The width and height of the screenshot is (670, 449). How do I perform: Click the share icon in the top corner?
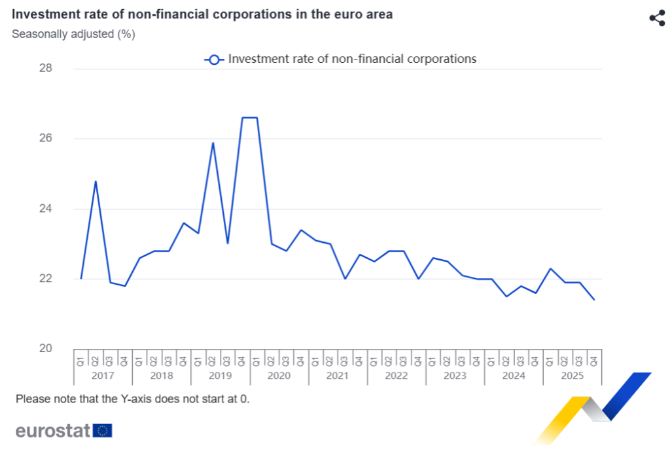(656, 18)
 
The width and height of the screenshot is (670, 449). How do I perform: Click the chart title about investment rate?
(202, 14)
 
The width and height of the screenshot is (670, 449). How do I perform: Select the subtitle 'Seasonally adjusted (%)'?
(73, 34)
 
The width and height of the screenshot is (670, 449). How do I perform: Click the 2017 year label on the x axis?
(103, 376)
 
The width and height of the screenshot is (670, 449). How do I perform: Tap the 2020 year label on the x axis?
(279, 376)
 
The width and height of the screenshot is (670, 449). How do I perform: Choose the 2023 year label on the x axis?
(455, 376)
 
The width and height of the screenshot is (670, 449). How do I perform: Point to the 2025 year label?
(572, 376)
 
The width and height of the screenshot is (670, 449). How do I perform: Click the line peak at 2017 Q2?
(96, 181)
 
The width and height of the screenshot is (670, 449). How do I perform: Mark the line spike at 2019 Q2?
(213, 143)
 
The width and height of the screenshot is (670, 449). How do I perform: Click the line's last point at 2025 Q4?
(593, 300)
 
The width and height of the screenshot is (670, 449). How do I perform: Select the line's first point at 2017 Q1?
(81, 278)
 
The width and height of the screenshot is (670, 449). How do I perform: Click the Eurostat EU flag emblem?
(103, 431)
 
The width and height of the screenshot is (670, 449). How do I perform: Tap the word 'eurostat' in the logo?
(53, 431)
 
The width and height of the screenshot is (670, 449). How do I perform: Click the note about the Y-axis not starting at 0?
(133, 399)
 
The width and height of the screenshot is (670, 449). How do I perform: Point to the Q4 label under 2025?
(594, 358)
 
